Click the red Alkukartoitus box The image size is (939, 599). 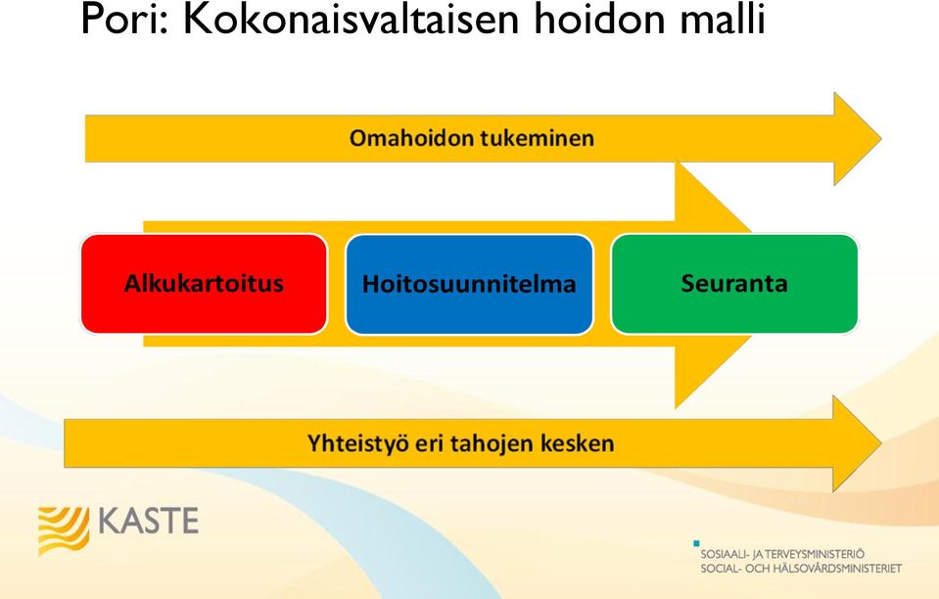(x=205, y=284)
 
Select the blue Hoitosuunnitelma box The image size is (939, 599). (x=470, y=284)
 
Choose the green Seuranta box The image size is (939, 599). (x=734, y=284)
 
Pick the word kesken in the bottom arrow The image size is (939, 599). (x=578, y=443)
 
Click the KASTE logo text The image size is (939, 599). (x=148, y=521)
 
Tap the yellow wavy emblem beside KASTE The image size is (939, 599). (x=64, y=530)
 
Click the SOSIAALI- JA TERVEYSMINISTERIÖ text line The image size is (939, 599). (x=782, y=554)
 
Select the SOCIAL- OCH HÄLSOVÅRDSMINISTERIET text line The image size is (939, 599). (x=801, y=568)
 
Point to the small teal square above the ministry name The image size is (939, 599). (x=696, y=543)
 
